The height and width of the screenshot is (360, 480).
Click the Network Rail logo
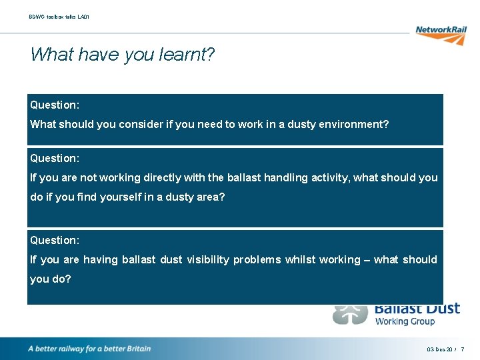tap(440, 34)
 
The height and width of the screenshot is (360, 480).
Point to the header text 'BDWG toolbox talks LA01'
tap(59, 16)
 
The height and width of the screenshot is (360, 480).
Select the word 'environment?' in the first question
tap(356, 124)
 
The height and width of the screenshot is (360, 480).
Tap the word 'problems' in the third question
tap(257, 259)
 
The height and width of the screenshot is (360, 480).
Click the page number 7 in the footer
tap(463, 349)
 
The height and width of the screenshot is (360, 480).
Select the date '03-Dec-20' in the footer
tap(438, 349)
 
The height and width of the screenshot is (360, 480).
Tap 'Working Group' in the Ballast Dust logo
tap(405, 321)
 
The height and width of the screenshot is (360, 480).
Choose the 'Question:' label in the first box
tap(55, 105)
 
